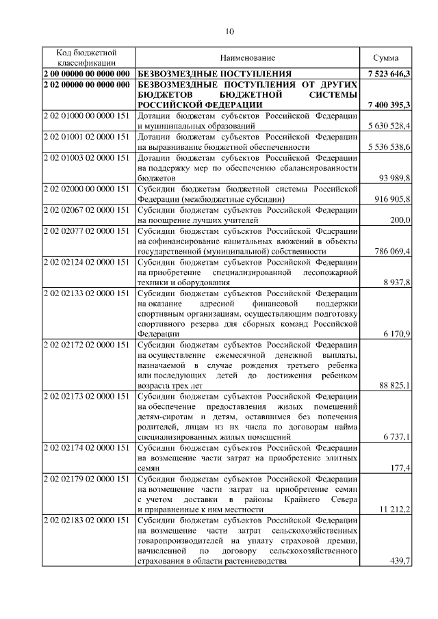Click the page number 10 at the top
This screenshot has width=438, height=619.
[229, 31]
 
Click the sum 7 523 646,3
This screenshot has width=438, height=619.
[388, 73]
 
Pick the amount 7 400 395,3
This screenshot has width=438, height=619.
[388, 105]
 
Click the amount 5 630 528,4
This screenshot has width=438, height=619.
[388, 126]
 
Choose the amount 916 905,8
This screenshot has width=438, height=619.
[391, 198]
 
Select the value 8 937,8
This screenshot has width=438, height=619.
[396, 282]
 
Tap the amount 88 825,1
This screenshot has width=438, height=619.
[394, 386]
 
